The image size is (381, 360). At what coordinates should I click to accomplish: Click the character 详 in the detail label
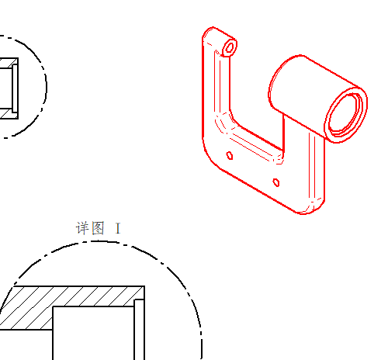82,228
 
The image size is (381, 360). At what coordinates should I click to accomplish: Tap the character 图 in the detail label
99,228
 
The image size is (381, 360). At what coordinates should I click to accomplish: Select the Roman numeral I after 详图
118,228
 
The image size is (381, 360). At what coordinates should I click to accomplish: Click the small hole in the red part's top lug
230,48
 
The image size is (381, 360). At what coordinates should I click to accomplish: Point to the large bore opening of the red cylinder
345,115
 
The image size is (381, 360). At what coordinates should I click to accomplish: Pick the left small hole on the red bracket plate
230,155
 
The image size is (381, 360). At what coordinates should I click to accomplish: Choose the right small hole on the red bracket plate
276,182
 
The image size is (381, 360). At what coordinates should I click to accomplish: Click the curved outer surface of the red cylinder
310,85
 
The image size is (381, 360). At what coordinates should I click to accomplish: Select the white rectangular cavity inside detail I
93,334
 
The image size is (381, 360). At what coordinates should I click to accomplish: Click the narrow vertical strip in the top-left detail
15,88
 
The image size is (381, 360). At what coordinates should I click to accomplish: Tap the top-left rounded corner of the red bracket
207,33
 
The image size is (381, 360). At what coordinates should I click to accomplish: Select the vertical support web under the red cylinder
304,161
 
